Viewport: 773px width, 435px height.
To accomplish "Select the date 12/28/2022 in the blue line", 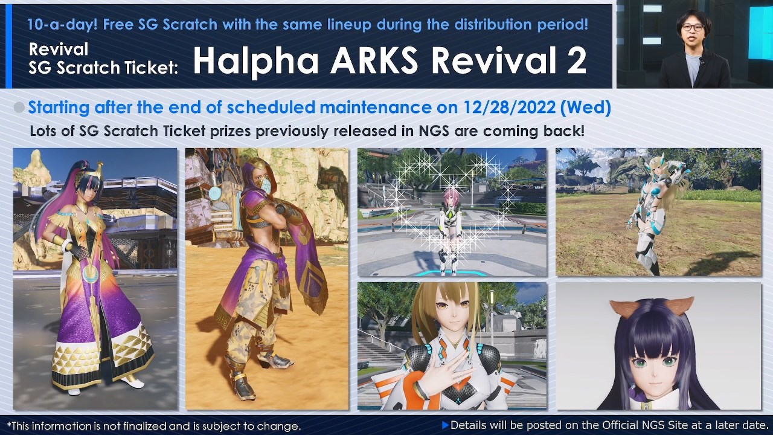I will click(x=510, y=108).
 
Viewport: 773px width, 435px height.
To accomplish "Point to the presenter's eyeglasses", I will click(x=692, y=28).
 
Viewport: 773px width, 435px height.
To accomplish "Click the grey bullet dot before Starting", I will click(x=19, y=108).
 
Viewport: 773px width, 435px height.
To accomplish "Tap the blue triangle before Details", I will click(x=445, y=425).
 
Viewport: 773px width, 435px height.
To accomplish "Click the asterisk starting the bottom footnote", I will click(x=8, y=425).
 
